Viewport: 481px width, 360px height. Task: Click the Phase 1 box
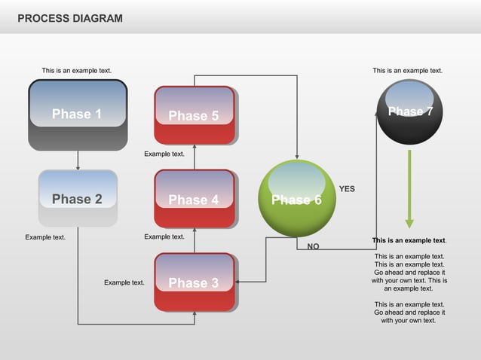click(78, 114)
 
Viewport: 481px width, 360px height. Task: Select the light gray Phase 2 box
click(78, 199)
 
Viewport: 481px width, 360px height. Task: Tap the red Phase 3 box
click(195, 282)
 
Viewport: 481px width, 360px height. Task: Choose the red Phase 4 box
click(195, 199)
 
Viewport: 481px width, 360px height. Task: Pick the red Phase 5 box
click(195, 115)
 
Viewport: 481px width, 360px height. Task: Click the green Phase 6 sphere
click(296, 199)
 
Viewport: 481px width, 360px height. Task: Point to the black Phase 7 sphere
click(409, 112)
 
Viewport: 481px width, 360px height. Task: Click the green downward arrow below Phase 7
click(409, 188)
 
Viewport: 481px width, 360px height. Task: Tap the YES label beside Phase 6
click(347, 189)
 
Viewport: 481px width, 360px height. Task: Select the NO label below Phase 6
click(313, 246)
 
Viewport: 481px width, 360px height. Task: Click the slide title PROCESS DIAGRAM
click(69, 17)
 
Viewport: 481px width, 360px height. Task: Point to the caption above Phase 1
click(77, 70)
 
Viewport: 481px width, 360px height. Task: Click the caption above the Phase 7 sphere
click(408, 70)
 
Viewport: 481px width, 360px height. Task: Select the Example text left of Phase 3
click(124, 282)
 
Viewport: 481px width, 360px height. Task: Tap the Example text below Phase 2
click(45, 237)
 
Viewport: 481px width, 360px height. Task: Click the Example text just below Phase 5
click(164, 154)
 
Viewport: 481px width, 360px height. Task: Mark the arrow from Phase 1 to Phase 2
click(78, 160)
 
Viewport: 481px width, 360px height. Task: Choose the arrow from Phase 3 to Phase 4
click(195, 240)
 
